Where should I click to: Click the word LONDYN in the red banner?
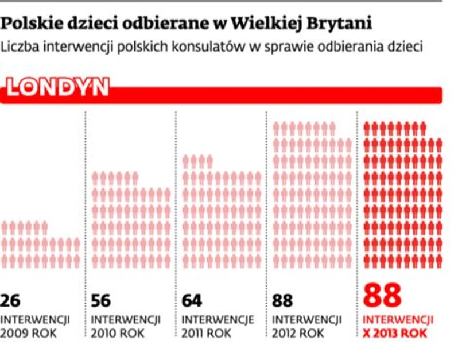57,87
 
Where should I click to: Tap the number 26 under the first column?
11,300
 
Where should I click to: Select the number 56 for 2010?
102,300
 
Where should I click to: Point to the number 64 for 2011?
192,300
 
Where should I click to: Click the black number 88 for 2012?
282,300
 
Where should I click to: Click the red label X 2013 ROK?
395,332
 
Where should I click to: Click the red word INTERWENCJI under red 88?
399,319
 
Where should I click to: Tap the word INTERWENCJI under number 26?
35,319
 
